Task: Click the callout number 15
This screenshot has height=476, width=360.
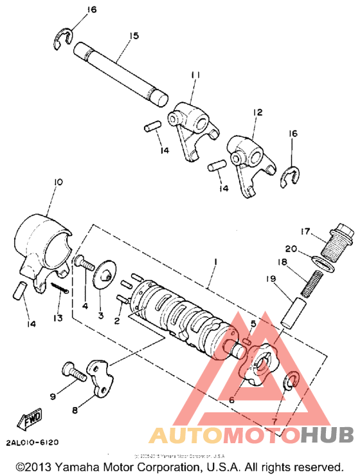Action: (x=133, y=37)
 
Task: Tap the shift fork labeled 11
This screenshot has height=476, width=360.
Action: (x=190, y=122)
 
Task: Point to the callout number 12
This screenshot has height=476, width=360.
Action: (x=257, y=113)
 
